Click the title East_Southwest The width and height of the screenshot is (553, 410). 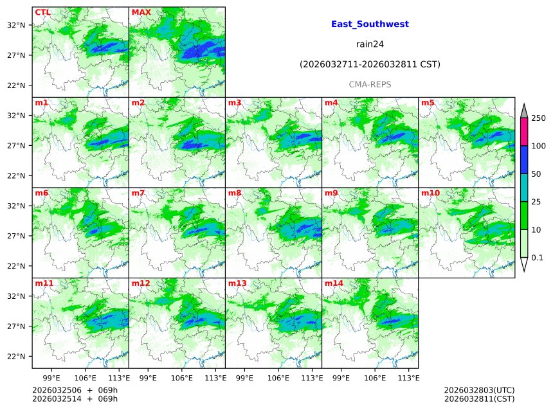pyautogui.click(x=370, y=24)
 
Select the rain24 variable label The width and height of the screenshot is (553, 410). pyautogui.click(x=370, y=44)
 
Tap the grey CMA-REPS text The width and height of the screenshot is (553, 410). pyautogui.click(x=370, y=84)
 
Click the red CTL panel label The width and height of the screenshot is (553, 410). pyautogui.click(x=42, y=12)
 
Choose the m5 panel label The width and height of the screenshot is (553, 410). pyautogui.click(x=428, y=103)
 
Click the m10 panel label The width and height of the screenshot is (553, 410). pyautogui.click(x=430, y=193)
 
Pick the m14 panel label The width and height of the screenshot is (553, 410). pyautogui.click(x=334, y=283)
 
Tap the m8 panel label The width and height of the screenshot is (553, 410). pyautogui.click(x=235, y=193)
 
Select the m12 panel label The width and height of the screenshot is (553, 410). pyautogui.click(x=141, y=283)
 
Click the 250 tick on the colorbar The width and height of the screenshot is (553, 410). pyautogui.click(x=538, y=118)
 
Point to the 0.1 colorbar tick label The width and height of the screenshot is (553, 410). pyautogui.click(x=538, y=258)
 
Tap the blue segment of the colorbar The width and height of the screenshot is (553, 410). pyautogui.click(x=523, y=160)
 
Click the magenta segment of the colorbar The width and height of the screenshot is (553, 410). pyautogui.click(x=523, y=132)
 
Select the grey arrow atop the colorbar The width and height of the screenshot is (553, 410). pyautogui.click(x=523, y=111)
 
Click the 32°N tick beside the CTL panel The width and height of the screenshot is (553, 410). pyautogui.click(x=16, y=25)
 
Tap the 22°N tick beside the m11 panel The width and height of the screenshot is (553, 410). pyautogui.click(x=16, y=357)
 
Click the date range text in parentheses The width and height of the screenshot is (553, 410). pyautogui.click(x=370, y=64)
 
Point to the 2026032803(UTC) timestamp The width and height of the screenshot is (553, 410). pyautogui.click(x=479, y=390)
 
